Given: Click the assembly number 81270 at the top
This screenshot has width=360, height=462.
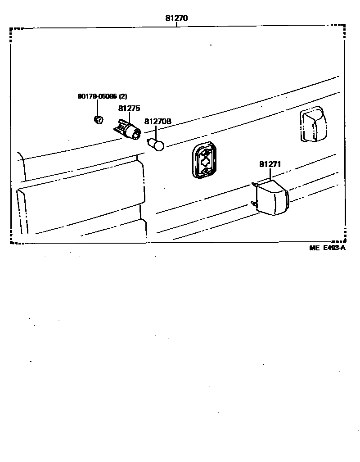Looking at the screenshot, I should click(176, 18).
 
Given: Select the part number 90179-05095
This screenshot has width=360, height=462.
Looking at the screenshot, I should click(97, 96).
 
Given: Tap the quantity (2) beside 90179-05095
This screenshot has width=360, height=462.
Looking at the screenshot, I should click(123, 96).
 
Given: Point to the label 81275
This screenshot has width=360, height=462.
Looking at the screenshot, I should click(129, 109).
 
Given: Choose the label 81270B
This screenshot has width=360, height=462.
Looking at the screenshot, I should click(157, 122).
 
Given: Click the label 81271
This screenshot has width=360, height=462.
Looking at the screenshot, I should click(270, 164).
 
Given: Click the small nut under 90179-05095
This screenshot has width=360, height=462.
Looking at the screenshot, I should click(98, 120).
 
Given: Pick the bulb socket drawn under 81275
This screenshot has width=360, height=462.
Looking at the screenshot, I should click(128, 130).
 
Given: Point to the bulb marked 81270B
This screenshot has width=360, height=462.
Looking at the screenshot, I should click(157, 145).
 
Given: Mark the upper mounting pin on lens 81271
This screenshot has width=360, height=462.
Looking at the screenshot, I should click(255, 184).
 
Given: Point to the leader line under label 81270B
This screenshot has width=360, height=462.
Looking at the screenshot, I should click(156, 132).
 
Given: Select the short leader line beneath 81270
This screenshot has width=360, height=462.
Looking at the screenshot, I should click(176, 25).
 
